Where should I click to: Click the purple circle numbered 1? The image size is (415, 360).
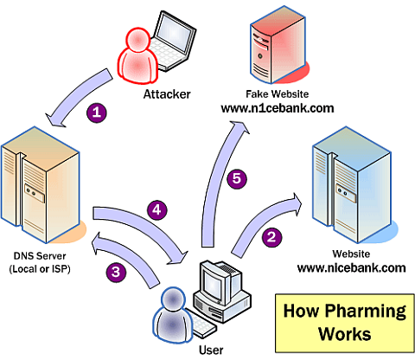click(97, 112)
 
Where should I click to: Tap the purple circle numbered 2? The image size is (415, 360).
click(271, 237)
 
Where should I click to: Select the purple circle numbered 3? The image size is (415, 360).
click(116, 272)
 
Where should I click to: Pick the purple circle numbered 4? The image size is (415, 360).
click(156, 209)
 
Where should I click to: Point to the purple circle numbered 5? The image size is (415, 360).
click(237, 178)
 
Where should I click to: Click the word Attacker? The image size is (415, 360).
click(167, 94)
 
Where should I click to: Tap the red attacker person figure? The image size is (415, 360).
click(137, 55)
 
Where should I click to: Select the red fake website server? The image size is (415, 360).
click(278, 45)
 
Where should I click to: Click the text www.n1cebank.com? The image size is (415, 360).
click(278, 108)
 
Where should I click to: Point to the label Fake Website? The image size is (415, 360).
click(277, 94)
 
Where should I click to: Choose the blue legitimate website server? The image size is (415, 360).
click(354, 184)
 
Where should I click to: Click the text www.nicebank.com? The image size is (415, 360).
click(352, 268)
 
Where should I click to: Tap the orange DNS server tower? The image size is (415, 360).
click(41, 184)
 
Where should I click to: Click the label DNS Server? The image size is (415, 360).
click(40, 256)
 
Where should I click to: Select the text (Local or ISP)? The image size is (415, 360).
click(40, 269)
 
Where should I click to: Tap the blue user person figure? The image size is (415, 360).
click(172, 314)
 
